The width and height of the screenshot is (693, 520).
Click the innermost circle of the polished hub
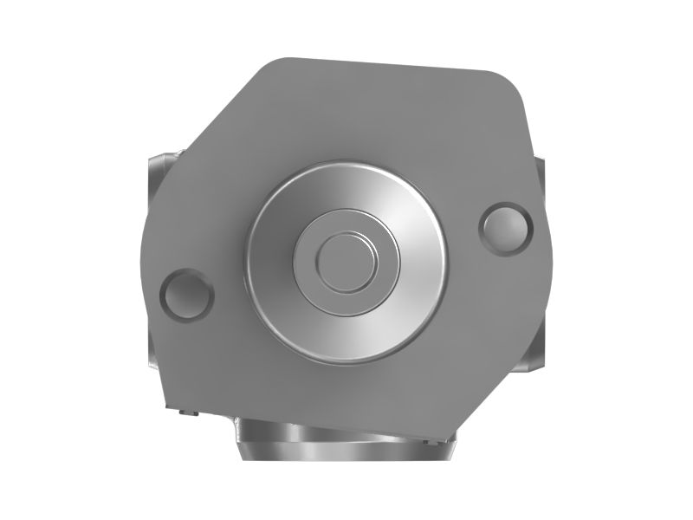tap(345, 261)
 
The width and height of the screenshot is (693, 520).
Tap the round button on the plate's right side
tap(506, 227)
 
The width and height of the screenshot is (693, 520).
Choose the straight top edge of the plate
tap(390, 64)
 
